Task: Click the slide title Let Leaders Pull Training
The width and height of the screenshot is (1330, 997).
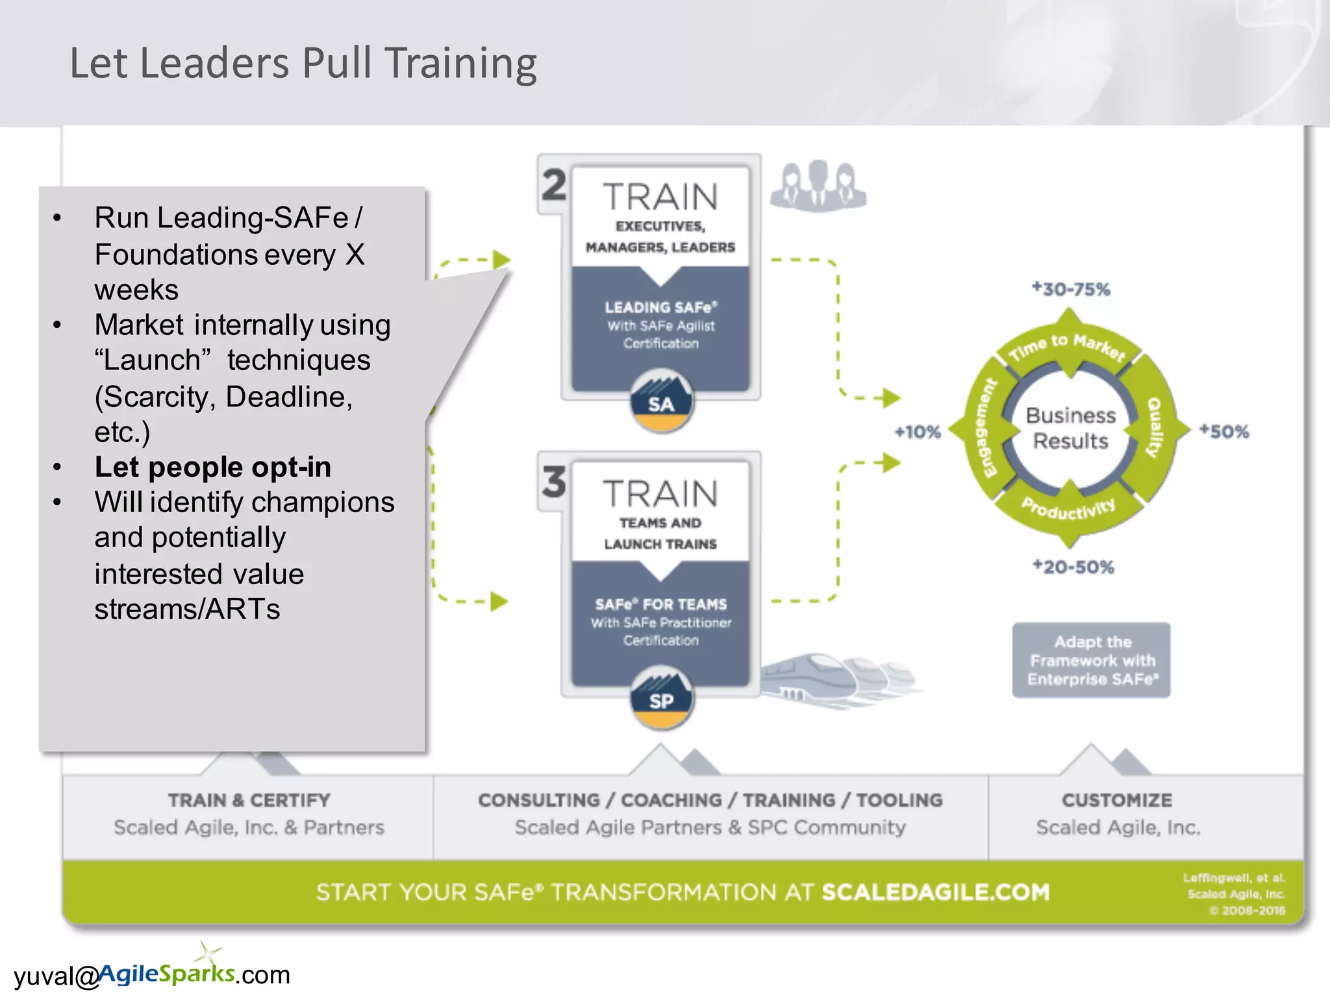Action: [x=303, y=64]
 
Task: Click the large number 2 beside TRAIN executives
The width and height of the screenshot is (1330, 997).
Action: [x=554, y=186]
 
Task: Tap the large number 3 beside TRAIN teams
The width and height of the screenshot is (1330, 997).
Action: [x=554, y=482]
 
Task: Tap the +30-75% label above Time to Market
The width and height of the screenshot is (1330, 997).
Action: [x=1072, y=289]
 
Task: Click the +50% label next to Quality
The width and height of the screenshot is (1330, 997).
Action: [x=1224, y=431]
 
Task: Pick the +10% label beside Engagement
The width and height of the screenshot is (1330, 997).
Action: [x=918, y=432]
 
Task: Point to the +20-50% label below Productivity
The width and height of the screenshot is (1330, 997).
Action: [x=1073, y=567]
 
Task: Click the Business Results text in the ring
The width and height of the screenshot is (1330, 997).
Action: [x=1071, y=428]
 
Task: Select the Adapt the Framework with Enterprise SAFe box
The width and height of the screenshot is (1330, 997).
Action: [x=1092, y=660]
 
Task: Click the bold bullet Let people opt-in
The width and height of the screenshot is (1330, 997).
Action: [x=213, y=467]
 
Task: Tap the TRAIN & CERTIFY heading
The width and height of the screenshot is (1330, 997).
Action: [x=249, y=800]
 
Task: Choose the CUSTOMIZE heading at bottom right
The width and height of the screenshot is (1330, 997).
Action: [x=1117, y=800]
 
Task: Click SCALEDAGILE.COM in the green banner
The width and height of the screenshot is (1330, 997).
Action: [x=935, y=892]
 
